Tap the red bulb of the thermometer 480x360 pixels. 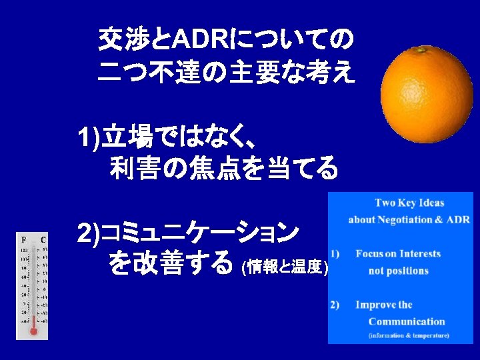34,330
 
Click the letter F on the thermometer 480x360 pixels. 24,239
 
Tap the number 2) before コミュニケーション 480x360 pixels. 88,233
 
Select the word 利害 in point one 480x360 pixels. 137,169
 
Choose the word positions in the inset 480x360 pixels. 408,271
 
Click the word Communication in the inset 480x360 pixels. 409,321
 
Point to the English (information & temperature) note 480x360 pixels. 409,335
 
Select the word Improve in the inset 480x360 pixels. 373,305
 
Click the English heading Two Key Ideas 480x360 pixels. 409,203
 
